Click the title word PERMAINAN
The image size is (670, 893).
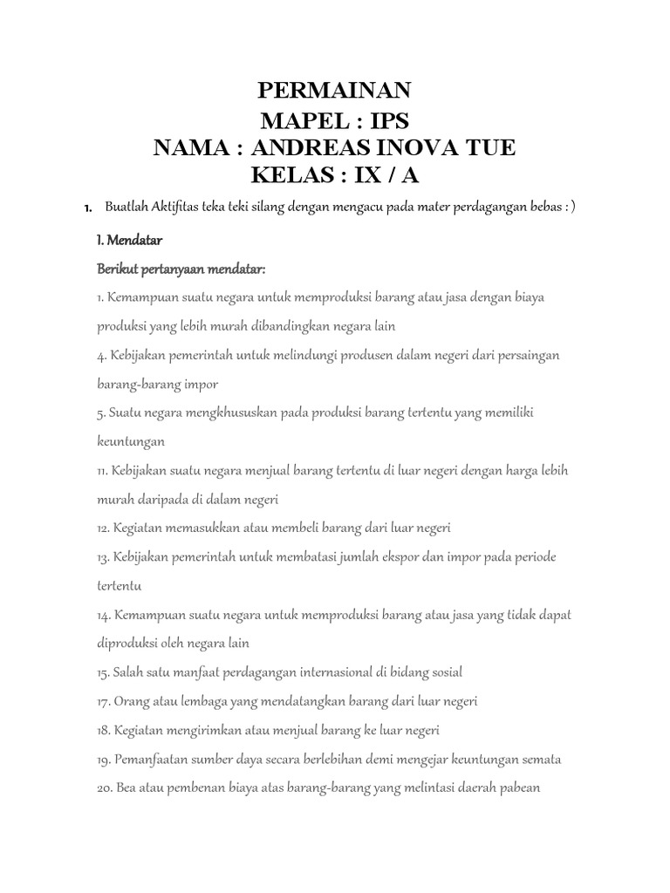click(x=335, y=91)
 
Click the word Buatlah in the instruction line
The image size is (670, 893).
click(x=126, y=207)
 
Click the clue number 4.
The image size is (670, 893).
click(x=100, y=356)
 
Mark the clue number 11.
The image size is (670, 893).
click(x=102, y=471)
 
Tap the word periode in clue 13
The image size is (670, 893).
click(x=531, y=557)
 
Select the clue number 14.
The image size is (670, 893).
click(x=103, y=615)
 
